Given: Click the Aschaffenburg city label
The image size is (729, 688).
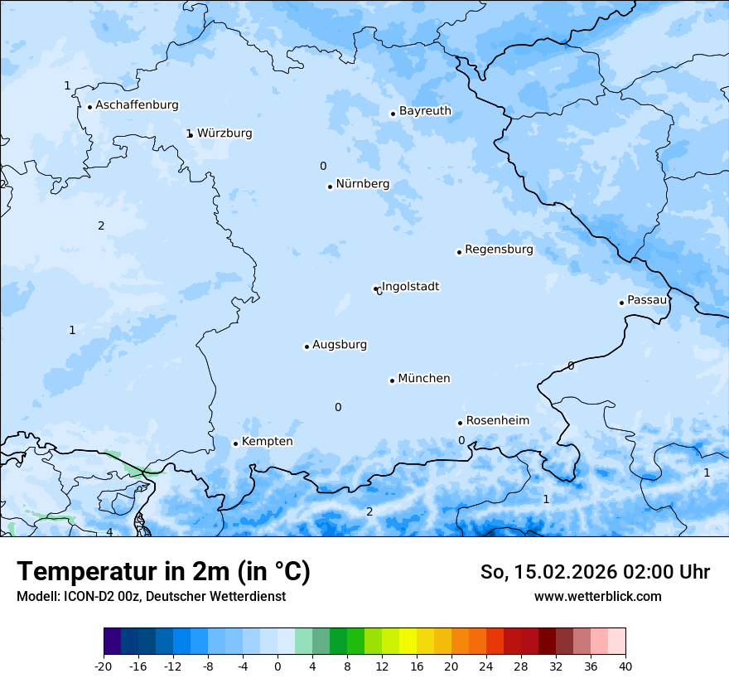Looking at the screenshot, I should pyautogui.click(x=137, y=105).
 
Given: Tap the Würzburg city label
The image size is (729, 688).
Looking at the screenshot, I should pyautogui.click(x=224, y=133).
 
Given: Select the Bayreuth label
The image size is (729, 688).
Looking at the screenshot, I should pyautogui.click(x=425, y=111).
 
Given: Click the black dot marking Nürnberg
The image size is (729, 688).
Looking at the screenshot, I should pyautogui.click(x=330, y=187).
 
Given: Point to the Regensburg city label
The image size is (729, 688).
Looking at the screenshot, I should pyautogui.click(x=499, y=250).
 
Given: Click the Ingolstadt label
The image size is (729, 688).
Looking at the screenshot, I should pyautogui.click(x=410, y=287).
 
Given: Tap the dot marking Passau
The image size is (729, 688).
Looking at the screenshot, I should pyautogui.click(x=621, y=303).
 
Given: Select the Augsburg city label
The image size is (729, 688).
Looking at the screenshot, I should pyautogui.click(x=340, y=345).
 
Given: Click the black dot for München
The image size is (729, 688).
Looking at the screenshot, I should pyautogui.click(x=392, y=380).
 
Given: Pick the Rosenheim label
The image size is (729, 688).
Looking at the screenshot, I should pyautogui.click(x=497, y=420).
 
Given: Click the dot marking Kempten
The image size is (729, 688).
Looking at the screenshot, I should pyautogui.click(x=235, y=443).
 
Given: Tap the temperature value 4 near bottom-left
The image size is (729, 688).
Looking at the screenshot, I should pyautogui.click(x=109, y=532).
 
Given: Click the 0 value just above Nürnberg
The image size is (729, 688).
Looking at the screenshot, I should pyautogui.click(x=323, y=166).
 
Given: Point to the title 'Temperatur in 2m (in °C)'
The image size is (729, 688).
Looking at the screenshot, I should pyautogui.click(x=164, y=571).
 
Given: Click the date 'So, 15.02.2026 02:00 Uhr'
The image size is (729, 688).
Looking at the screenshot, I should pyautogui.click(x=595, y=572).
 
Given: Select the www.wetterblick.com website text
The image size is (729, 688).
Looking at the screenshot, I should pyautogui.click(x=597, y=596).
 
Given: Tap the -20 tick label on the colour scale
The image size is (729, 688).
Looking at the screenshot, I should pyautogui.click(x=104, y=666).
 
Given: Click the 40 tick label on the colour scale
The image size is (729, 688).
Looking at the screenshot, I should pyautogui.click(x=625, y=666).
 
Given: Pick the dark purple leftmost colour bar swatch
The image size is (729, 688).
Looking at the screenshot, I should pyautogui.click(x=112, y=642).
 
